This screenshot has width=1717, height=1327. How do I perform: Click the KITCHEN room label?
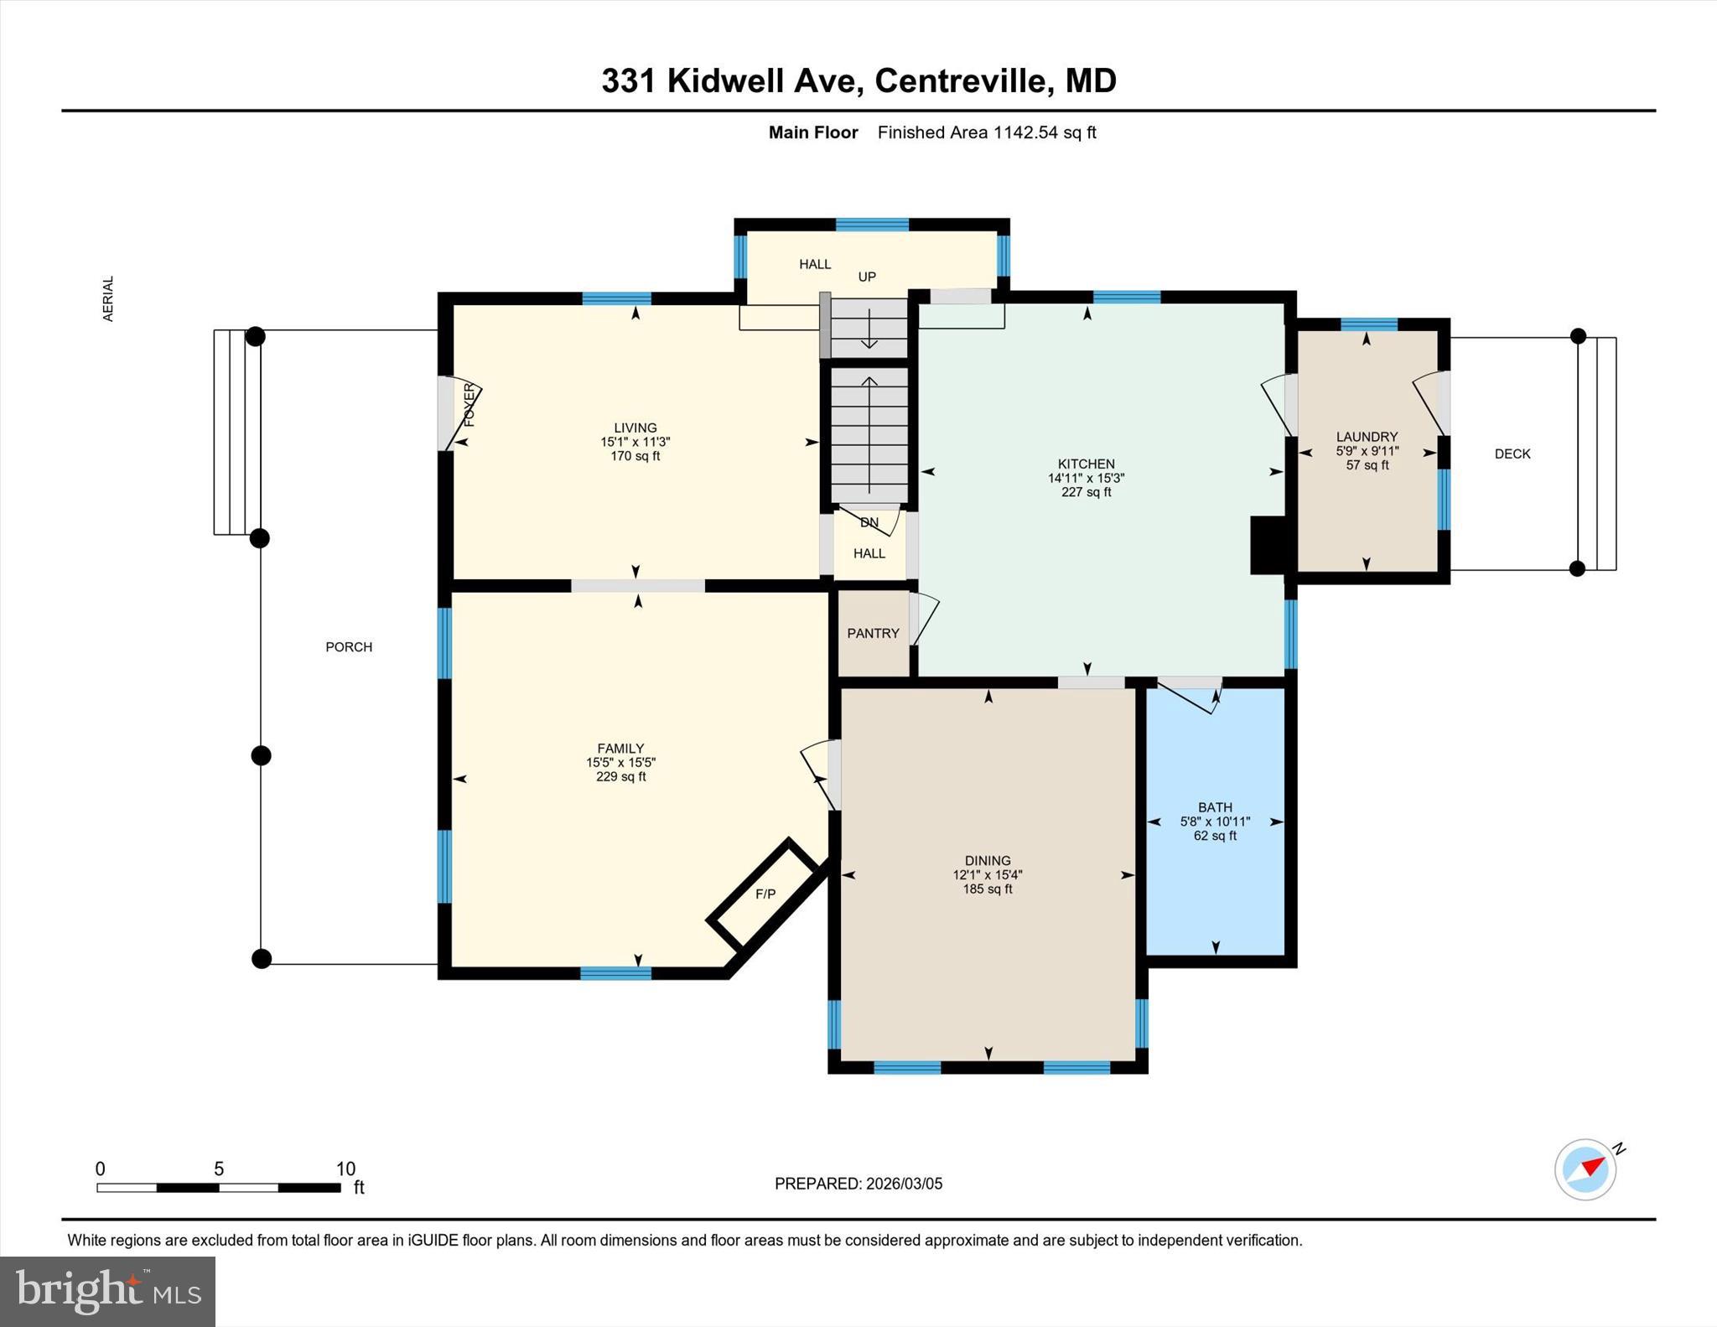pyautogui.click(x=1086, y=464)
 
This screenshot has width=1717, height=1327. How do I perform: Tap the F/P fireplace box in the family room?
pyautogui.click(x=765, y=894)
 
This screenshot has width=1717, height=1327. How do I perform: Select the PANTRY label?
pyautogui.click(x=873, y=633)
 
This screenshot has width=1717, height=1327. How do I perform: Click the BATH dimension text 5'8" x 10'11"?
pyautogui.click(x=1215, y=822)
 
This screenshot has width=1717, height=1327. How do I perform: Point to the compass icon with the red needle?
pyautogui.click(x=1585, y=1169)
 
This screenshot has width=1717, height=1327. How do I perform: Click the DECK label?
pyautogui.click(x=1512, y=454)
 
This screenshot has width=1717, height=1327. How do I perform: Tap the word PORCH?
pyautogui.click(x=349, y=646)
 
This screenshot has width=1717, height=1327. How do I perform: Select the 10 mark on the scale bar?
pyautogui.click(x=345, y=1169)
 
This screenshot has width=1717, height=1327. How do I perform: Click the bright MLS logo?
pyautogui.click(x=107, y=1290)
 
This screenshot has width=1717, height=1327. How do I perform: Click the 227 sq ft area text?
pyautogui.click(x=1086, y=492)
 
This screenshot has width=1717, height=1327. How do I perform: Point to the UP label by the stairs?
pyautogui.click(x=867, y=277)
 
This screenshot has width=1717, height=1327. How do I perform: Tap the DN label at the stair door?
pyautogui.click(x=869, y=522)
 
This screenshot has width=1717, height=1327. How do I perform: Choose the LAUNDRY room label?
pyautogui.click(x=1367, y=436)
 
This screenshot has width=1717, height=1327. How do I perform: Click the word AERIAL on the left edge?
pyautogui.click(x=107, y=298)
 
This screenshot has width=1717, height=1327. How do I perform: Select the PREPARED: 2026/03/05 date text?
pyautogui.click(x=858, y=1184)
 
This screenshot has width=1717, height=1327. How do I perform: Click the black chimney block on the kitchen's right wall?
pyautogui.click(x=1268, y=545)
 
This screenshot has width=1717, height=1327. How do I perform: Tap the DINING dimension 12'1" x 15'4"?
pyautogui.click(x=987, y=874)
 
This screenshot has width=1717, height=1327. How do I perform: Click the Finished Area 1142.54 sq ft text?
pyautogui.click(x=986, y=132)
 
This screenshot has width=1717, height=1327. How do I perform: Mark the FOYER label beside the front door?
pyautogui.click(x=469, y=405)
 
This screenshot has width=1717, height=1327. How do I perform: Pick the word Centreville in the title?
pyautogui.click(x=960, y=80)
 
